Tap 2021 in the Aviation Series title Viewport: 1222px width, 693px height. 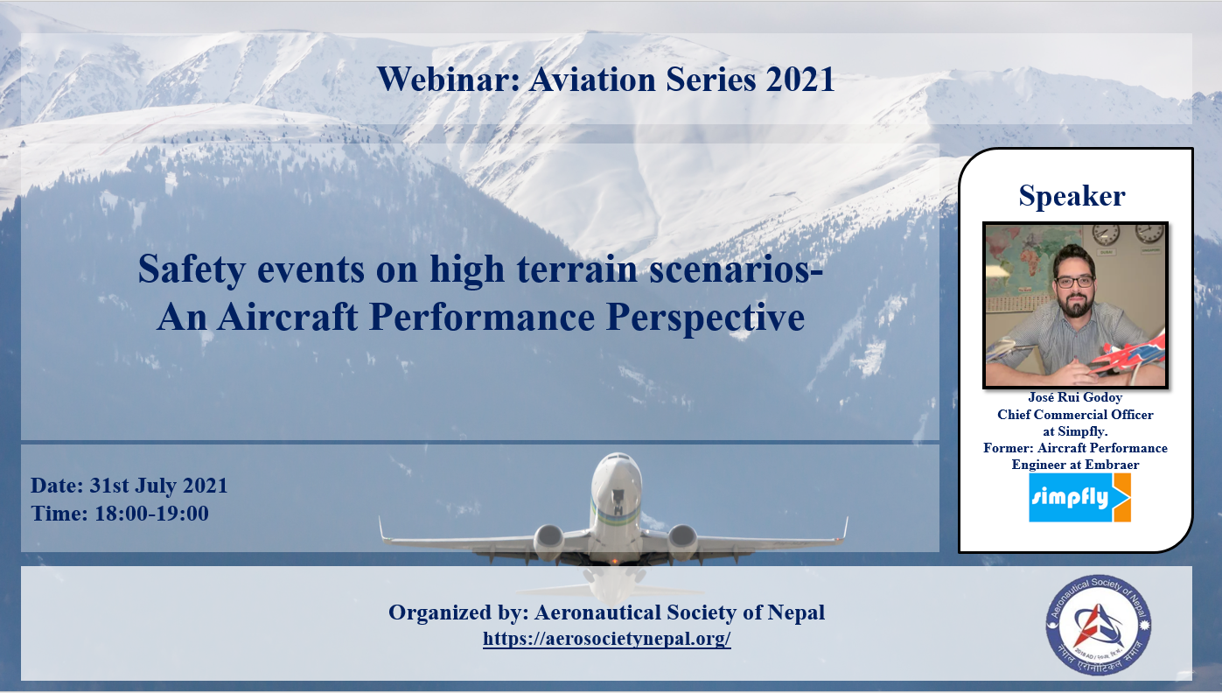(800, 80)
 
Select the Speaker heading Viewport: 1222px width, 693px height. (1072, 196)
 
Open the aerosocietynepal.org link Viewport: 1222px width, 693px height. (606, 639)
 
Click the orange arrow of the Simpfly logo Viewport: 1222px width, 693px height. (1121, 498)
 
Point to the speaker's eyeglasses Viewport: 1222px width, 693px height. (1073, 282)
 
